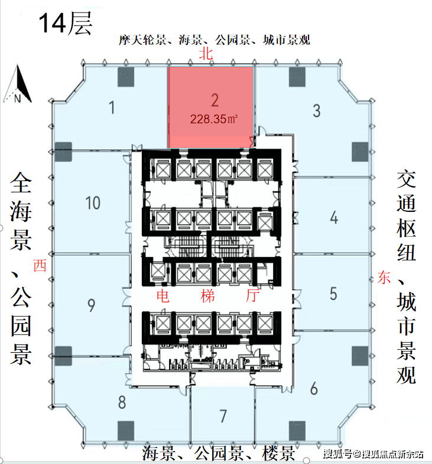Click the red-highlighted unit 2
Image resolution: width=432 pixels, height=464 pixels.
pos(210,107)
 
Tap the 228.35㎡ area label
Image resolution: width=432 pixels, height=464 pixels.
pos(214,119)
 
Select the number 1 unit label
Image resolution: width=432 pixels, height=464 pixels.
pos(112,108)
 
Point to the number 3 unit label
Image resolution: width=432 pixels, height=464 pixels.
pos(317,111)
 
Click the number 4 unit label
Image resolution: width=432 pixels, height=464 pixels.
pos(334,218)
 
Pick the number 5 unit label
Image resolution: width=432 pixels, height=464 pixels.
pos(333,294)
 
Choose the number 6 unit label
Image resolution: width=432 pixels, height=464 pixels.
pos(314,388)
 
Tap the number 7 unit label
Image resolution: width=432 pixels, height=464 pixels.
pos(223,416)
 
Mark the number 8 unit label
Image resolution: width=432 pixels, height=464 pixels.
pos(122,402)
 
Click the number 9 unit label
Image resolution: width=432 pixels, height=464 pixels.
pos(91,305)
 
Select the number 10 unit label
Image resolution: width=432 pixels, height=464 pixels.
pos(93,204)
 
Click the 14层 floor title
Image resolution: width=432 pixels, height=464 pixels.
pos(65,23)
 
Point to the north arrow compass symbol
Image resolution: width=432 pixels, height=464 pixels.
pos(18,84)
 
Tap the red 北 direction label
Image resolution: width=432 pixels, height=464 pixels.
pos(206,54)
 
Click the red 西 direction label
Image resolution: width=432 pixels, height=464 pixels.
pos(40,265)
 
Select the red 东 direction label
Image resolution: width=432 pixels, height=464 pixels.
pos(384,278)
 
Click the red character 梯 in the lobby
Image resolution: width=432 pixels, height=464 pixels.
pos(207,296)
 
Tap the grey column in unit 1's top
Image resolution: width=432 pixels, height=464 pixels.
pos(126,77)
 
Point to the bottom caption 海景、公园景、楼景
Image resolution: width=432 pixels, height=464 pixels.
pos(219,453)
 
